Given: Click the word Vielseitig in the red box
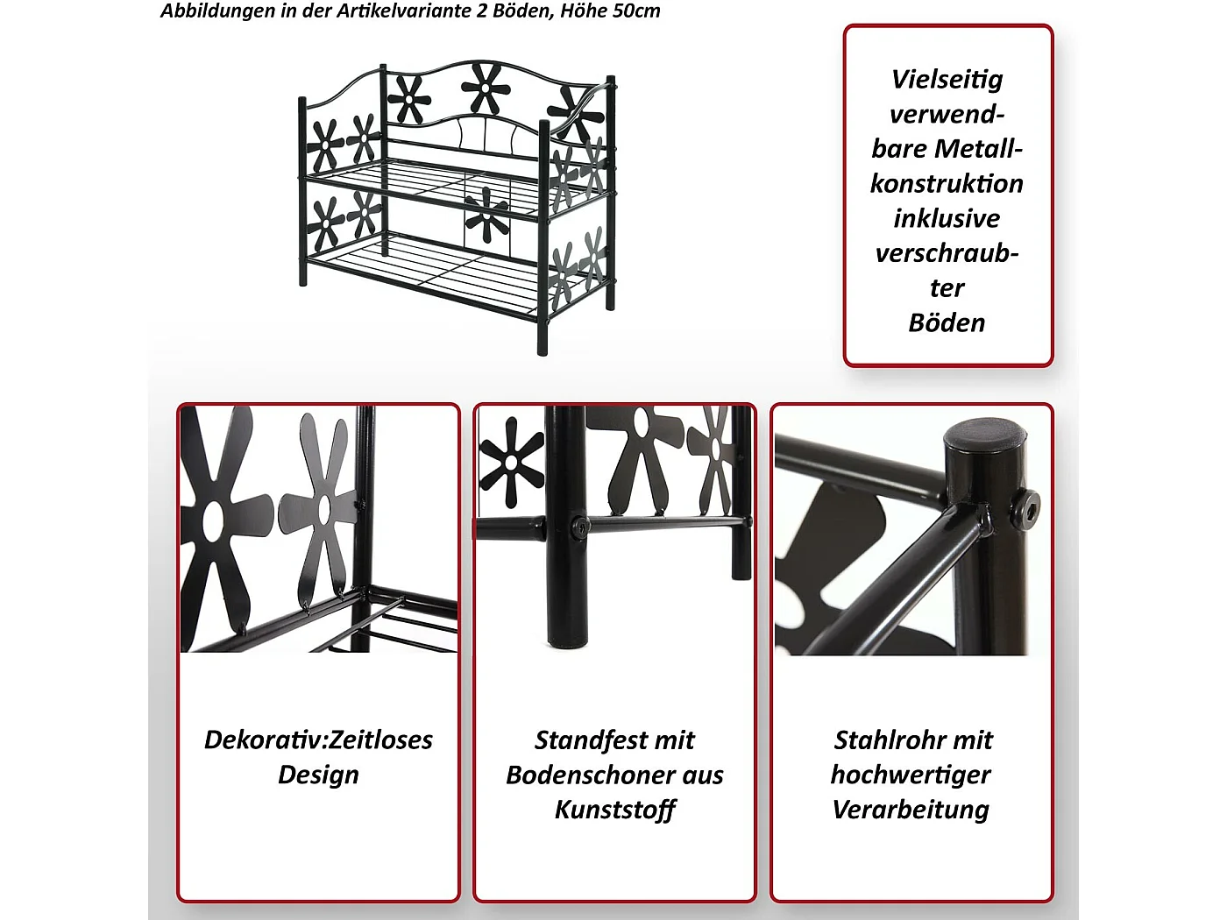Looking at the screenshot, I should pos(947,80).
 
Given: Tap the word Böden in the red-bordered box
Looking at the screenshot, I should pos(947,323).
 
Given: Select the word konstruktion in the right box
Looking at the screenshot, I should pos(947,184).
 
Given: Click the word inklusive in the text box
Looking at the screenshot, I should pos(947,218).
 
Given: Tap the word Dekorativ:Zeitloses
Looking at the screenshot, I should pos(318,740).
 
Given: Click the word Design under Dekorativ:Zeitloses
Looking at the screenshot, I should pos(318,775).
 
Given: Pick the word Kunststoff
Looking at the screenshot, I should pos(614,810).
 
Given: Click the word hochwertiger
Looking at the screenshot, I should pos(911,775).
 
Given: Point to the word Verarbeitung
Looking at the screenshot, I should pos(911,810).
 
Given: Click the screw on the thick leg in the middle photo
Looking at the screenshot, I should pos(579,527).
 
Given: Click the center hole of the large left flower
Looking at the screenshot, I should pos(214,522).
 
